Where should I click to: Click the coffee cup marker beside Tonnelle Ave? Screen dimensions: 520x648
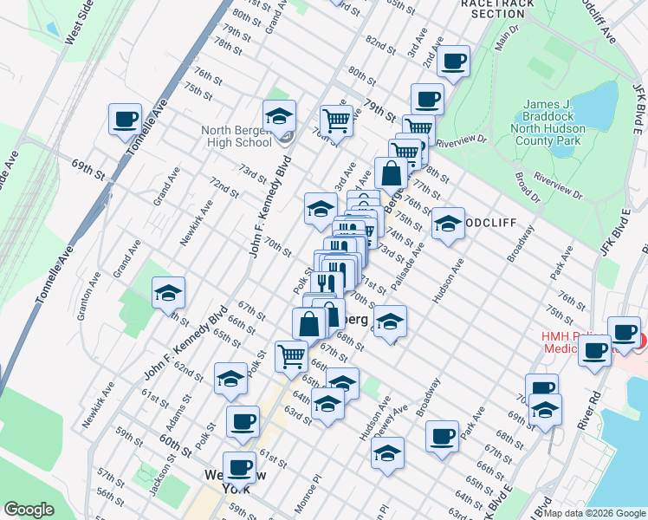125,120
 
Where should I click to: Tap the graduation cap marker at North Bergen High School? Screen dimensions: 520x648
279,116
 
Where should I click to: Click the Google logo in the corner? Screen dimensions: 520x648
29,510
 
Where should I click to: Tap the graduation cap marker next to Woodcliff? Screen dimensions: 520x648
447,224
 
